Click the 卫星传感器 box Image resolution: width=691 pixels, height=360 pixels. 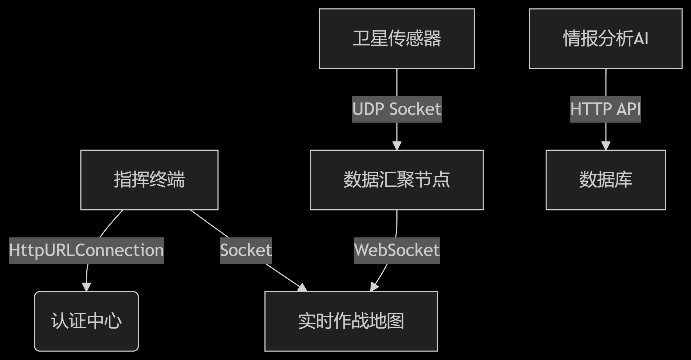[397, 39]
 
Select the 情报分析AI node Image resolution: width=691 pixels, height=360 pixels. [605, 39]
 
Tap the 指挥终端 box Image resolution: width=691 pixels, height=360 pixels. [149, 180]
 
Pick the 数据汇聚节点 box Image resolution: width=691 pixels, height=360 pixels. [397, 180]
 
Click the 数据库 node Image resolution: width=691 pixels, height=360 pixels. [605, 180]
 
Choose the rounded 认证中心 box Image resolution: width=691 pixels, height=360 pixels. [86, 321]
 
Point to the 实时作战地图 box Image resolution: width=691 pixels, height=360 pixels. [351, 321]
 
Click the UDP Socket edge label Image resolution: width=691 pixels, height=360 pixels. [397, 109]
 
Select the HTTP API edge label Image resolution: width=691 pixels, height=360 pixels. [605, 109]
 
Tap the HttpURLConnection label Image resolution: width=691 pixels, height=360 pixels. [86, 250]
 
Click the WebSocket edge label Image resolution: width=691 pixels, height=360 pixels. [397, 250]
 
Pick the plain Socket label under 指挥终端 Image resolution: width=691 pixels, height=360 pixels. [246, 250]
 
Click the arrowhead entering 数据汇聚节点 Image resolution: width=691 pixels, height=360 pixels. [397, 146]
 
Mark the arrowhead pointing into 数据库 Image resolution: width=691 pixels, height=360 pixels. [606, 146]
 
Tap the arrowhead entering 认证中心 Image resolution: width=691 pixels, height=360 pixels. [86, 287]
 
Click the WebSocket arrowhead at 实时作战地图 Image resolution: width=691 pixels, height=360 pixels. [374, 287]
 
